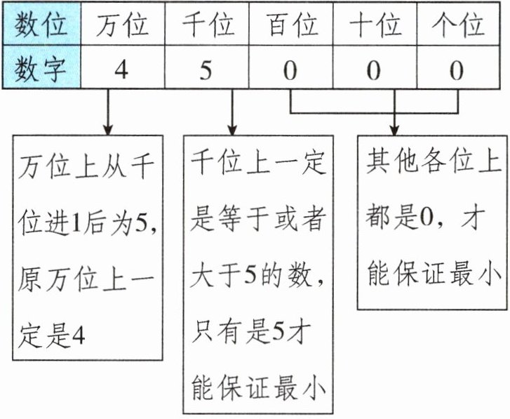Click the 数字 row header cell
(x=41, y=69)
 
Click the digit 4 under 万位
(x=121, y=70)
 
